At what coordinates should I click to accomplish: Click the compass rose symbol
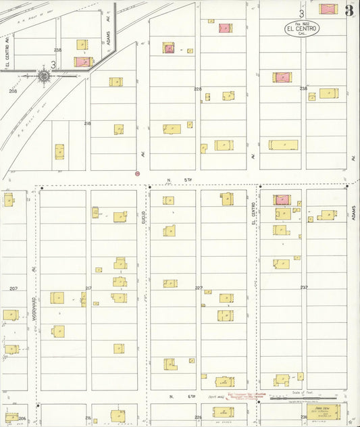coord(44,76)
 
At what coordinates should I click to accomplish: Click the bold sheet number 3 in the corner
coord(349,10)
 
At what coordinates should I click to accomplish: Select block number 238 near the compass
coord(57,50)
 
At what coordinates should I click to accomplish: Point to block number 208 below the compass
coord(12,90)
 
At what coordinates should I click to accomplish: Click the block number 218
coord(87,123)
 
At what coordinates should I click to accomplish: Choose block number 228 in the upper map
coord(197,89)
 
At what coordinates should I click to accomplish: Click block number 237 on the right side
coord(304,287)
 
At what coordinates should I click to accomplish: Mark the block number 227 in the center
coord(199,288)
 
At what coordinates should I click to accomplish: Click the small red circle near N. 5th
coord(137,174)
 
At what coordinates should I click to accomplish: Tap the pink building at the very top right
coord(328,9)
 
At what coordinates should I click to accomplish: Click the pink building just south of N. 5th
coord(282,199)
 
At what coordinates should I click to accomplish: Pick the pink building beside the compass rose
coord(82,61)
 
